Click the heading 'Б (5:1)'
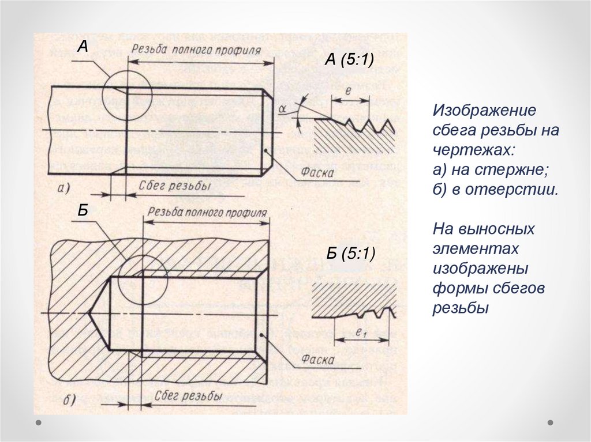pos(350,254)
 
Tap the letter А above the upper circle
pos(83,47)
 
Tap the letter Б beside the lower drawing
pos(83,211)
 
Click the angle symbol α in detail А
pos(282,109)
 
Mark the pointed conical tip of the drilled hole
pos(89,313)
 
